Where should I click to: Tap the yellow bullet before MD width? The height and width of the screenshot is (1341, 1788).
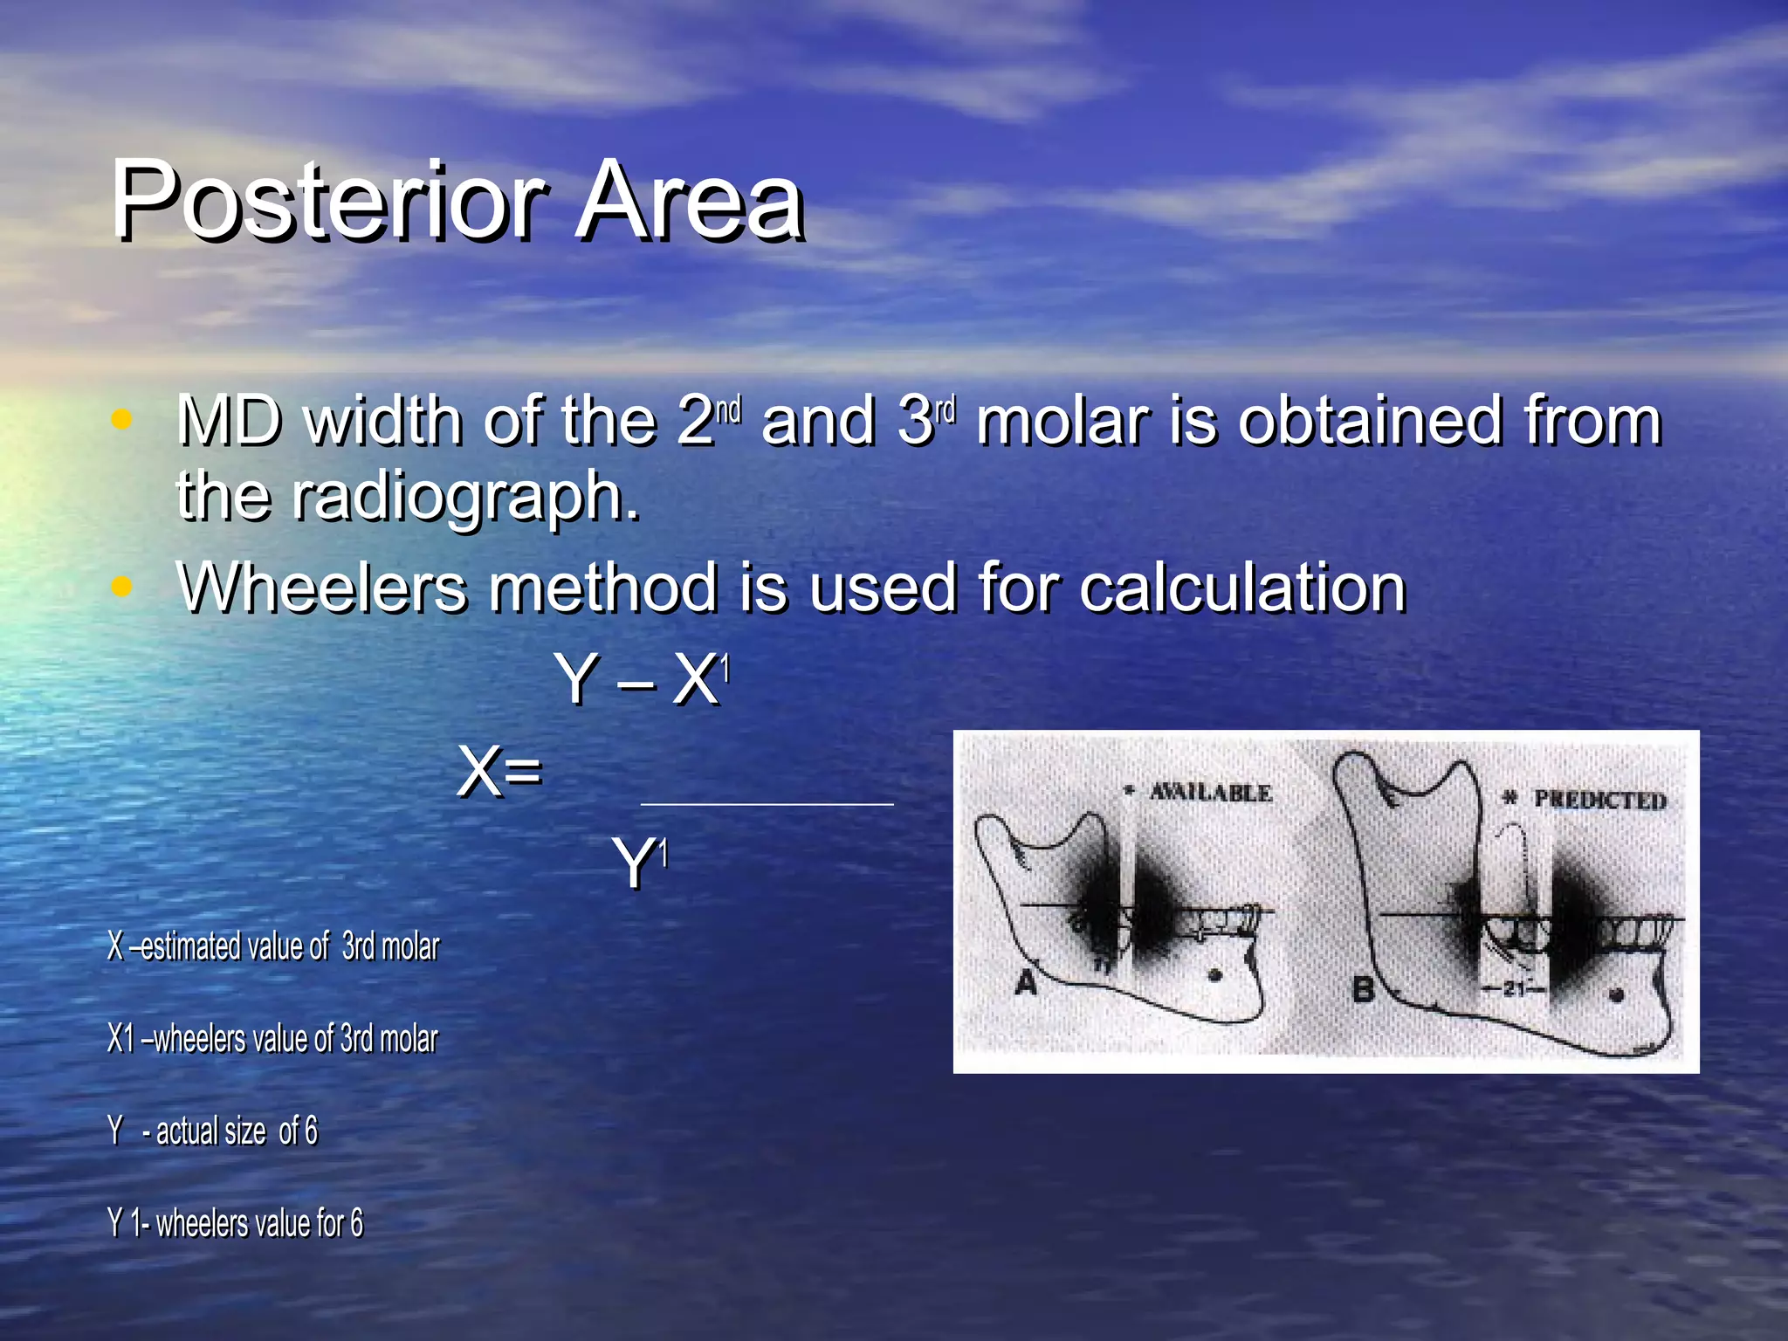pyautogui.click(x=121, y=420)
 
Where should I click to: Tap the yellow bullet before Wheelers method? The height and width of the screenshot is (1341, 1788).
pyautogui.click(x=121, y=587)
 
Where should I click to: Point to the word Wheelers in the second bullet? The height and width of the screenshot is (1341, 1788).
pyautogui.click(x=322, y=588)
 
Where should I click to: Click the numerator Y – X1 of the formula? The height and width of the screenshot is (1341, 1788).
pyautogui.click(x=641, y=679)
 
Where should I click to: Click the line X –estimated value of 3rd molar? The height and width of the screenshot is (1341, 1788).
pyautogui.click(x=273, y=946)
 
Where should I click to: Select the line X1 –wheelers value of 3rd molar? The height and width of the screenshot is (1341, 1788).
pyautogui.click(x=272, y=1039)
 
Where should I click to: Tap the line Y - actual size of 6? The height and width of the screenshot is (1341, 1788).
pyautogui.click(x=213, y=1131)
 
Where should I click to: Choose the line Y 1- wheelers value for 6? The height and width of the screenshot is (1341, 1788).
pyautogui.click(x=236, y=1222)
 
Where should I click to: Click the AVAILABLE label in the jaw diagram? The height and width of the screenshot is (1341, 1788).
pyautogui.click(x=1209, y=793)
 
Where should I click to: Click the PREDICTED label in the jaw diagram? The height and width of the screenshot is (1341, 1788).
pyautogui.click(x=1599, y=800)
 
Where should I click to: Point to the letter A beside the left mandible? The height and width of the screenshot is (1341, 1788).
pyautogui.click(x=1026, y=983)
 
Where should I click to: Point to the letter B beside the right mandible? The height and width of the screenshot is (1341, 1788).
pyautogui.click(x=1363, y=989)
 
